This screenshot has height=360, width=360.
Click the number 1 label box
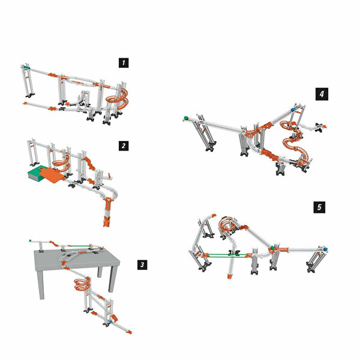tap(124, 63)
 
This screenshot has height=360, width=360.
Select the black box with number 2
tap(124, 146)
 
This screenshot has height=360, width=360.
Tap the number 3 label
tap(142, 265)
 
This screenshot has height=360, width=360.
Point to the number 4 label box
tap(322, 94)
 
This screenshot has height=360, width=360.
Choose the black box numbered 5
tap(319, 207)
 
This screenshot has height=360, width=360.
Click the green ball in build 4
tap(186, 118)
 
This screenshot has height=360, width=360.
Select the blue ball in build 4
tap(293, 110)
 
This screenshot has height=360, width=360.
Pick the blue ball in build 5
tap(325, 249)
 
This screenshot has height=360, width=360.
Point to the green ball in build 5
tap(272, 247)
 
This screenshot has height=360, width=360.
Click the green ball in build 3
tap(30, 241)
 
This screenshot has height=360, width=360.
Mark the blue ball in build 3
tap(110, 322)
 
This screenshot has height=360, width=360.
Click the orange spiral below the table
tap(82, 284)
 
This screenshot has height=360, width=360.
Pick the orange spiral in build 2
tap(61, 164)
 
